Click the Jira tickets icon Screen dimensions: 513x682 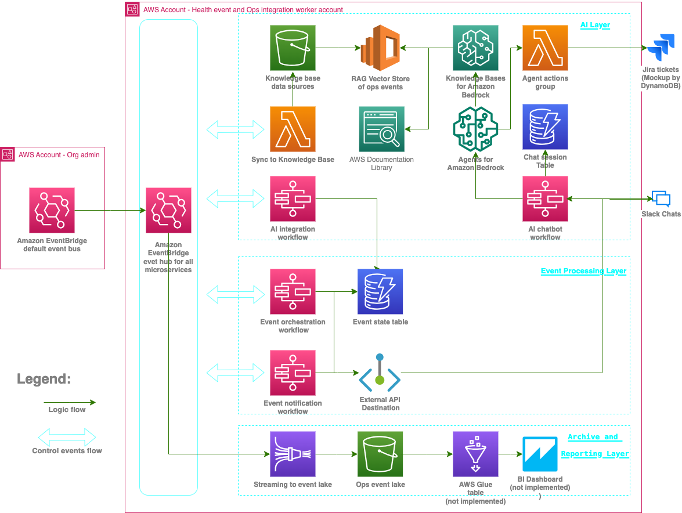coord(661,48)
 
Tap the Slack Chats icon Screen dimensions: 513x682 coord(661,199)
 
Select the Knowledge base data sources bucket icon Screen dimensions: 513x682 coord(293,48)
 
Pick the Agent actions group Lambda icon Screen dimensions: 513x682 coord(545,48)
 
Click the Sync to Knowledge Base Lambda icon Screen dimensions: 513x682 coord(293,129)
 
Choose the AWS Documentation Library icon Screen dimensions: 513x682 coord(381,129)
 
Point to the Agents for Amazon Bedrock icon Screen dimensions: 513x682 coord(475,129)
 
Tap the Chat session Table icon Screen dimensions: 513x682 coord(545,127)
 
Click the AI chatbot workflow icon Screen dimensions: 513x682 coord(545,199)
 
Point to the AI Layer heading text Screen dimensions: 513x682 coord(595,25)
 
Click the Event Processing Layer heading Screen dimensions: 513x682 coord(583,271)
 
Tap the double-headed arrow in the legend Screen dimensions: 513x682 coord(67,436)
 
